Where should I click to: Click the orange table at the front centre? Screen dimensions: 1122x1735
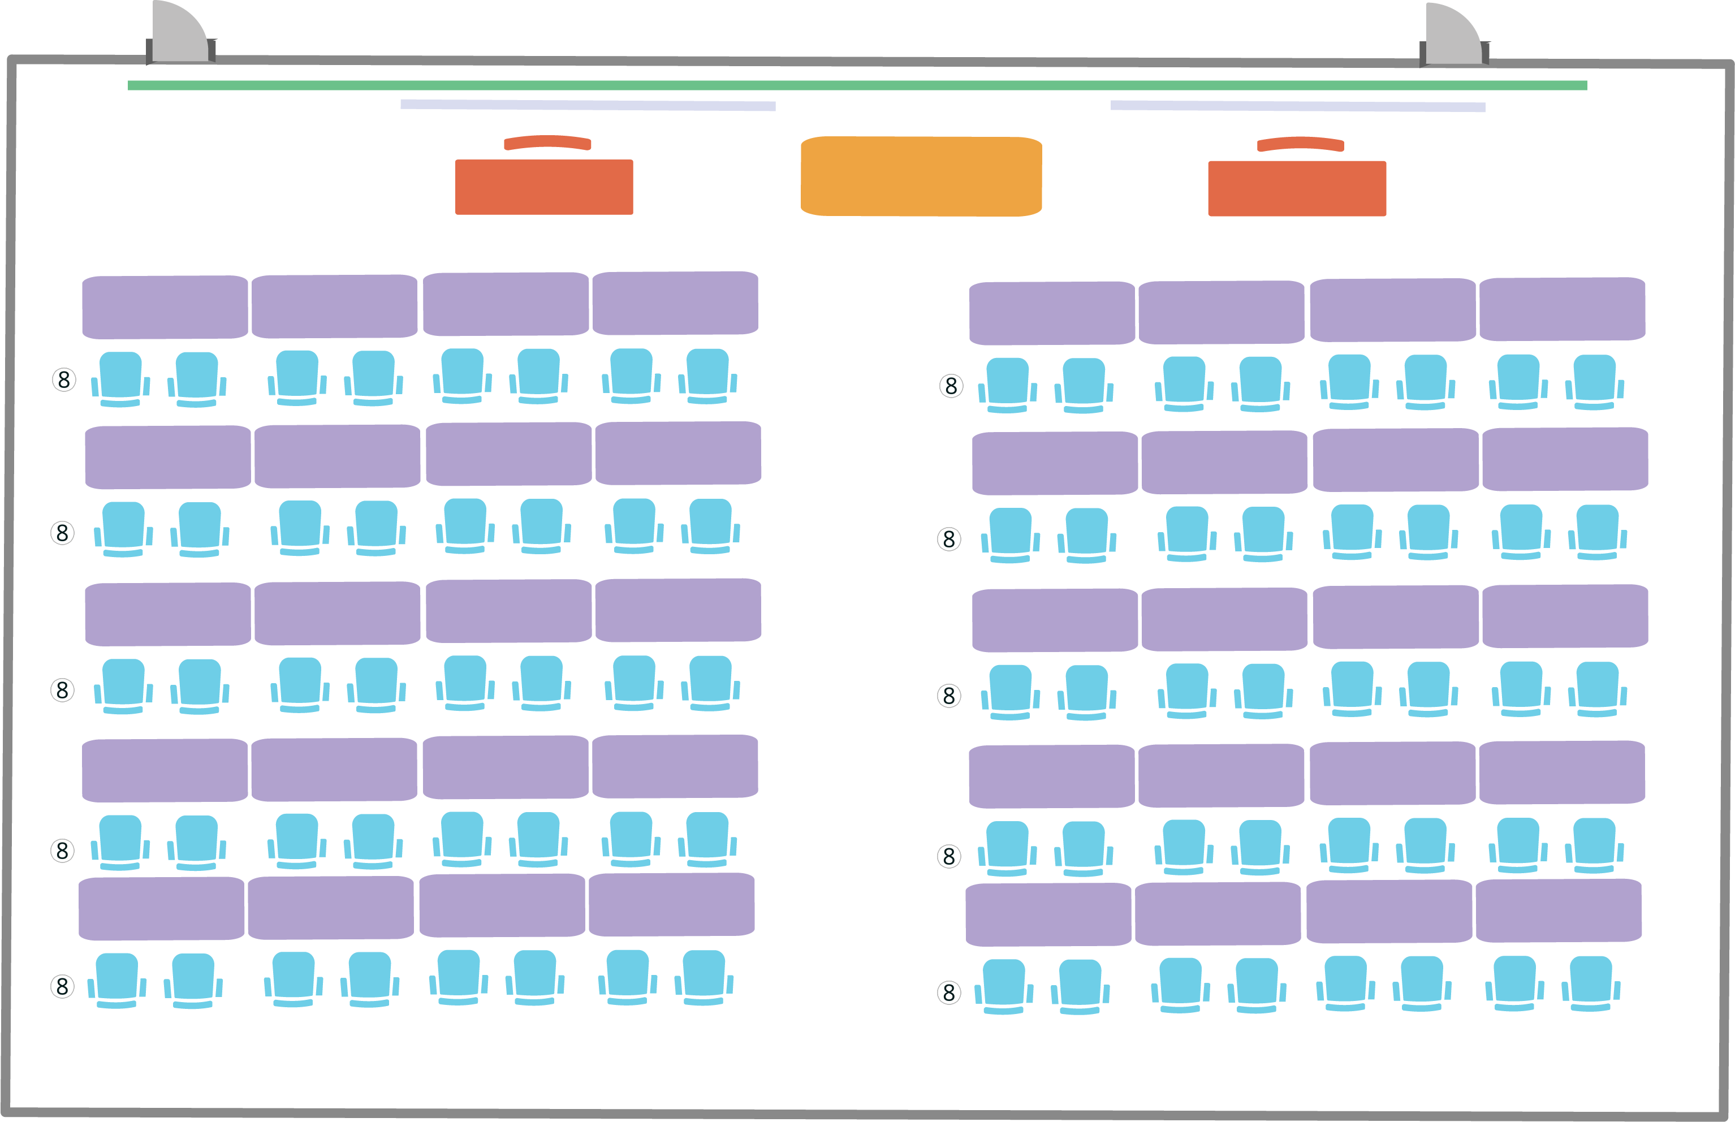(921, 176)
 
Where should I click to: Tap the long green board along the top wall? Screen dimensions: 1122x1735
(857, 85)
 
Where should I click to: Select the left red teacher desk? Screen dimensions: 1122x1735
(543, 187)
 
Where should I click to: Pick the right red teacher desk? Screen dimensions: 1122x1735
(1297, 189)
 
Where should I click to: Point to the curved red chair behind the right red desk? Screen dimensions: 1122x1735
(1300, 144)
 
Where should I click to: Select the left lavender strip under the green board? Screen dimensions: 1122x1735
(588, 105)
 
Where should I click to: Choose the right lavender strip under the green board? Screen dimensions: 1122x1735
(1297, 106)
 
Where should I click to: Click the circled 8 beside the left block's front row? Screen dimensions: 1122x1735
(64, 379)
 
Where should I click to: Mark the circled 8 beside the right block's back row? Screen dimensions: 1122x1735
(949, 992)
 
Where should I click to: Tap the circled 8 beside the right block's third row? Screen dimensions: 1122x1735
(949, 696)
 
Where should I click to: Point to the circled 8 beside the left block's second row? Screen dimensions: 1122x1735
(63, 533)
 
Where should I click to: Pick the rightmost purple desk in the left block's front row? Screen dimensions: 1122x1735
(675, 303)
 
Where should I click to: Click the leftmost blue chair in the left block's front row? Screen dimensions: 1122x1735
(120, 379)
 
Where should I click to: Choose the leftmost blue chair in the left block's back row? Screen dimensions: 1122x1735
(116, 980)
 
